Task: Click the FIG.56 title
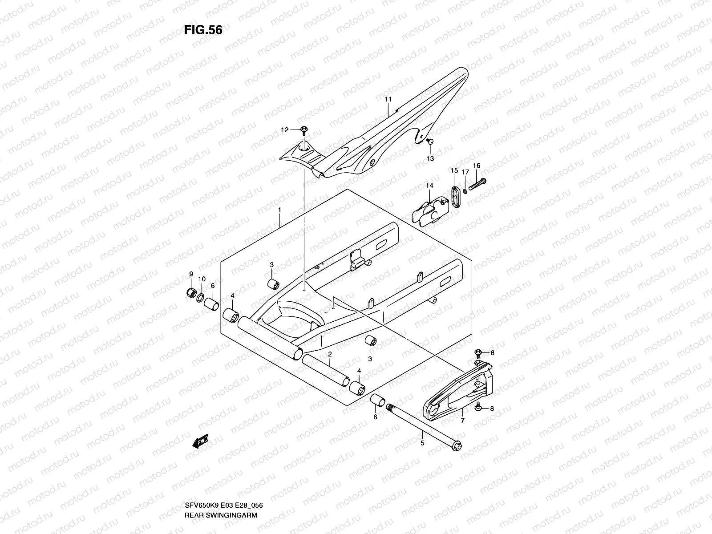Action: (x=203, y=30)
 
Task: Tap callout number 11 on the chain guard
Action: (x=388, y=99)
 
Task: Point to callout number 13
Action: (x=430, y=158)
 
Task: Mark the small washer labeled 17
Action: (x=465, y=191)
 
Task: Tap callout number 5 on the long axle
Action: (x=422, y=443)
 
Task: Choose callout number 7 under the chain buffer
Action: (x=462, y=421)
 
